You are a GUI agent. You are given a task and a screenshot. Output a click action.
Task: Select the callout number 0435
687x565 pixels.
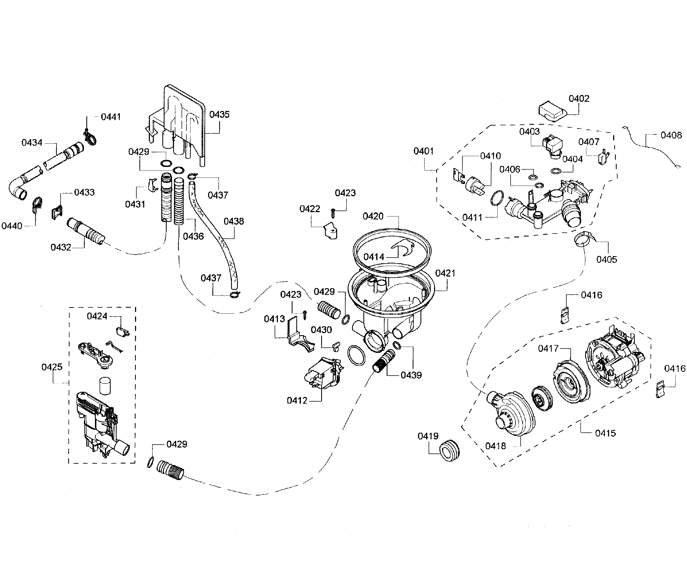(219, 114)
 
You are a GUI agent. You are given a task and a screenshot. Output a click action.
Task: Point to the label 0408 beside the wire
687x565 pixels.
(671, 135)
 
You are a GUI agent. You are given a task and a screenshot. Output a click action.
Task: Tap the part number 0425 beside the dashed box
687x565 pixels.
(52, 367)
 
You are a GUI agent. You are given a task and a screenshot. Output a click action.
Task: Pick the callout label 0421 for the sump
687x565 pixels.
(445, 273)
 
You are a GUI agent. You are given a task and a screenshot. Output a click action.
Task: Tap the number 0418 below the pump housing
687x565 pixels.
(495, 446)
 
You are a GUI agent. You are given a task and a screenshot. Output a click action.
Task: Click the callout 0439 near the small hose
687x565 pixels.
(411, 375)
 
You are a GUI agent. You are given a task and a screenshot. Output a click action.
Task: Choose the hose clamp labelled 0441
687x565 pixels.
(90, 138)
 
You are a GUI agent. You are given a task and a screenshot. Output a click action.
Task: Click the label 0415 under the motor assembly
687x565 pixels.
(605, 433)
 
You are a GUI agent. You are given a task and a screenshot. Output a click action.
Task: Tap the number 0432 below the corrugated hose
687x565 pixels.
(61, 247)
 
